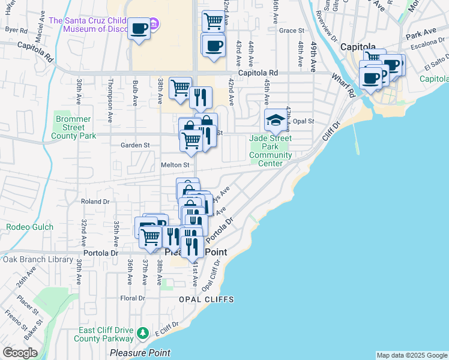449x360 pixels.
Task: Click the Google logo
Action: pyautogui.click(x=20, y=353)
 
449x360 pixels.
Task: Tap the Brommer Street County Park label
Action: pyautogui.click(x=73, y=127)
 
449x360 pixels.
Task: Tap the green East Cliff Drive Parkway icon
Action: pyautogui.click(x=142, y=332)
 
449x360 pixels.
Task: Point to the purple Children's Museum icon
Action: pyautogui.click(x=154, y=25)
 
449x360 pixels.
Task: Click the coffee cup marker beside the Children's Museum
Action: pyautogui.click(x=139, y=29)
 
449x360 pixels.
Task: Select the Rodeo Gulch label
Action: pyautogui.click(x=29, y=227)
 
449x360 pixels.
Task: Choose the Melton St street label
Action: pyautogui.click(x=175, y=164)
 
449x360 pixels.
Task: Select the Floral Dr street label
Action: pyautogui.click(x=133, y=298)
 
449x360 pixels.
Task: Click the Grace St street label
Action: pyautogui.click(x=292, y=31)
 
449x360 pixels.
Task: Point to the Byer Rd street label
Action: pyautogui.click(x=16, y=30)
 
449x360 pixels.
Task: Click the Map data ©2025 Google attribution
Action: pyautogui.click(x=412, y=355)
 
